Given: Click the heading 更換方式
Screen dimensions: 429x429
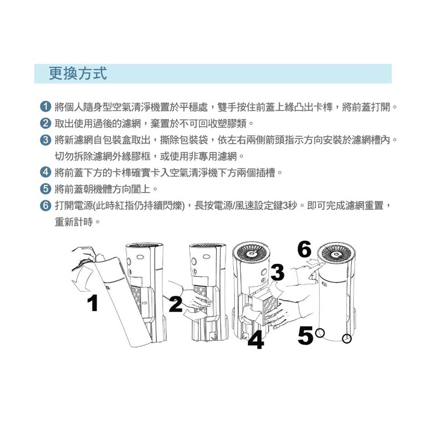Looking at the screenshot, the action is pyautogui.click(x=78, y=73).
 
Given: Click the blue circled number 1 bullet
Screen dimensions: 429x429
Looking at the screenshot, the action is pyautogui.click(x=46, y=107).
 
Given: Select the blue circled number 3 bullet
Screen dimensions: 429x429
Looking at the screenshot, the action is pyautogui.click(x=46, y=140).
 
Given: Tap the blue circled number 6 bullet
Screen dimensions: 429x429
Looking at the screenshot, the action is pyautogui.click(x=46, y=205).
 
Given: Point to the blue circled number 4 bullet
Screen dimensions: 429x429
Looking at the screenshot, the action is pyautogui.click(x=46, y=172).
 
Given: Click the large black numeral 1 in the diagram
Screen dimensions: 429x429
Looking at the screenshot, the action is pyautogui.click(x=93, y=303).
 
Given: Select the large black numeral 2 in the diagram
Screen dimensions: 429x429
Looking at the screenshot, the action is pyautogui.click(x=175, y=304).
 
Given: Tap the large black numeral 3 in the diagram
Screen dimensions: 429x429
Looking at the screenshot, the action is pyautogui.click(x=277, y=272).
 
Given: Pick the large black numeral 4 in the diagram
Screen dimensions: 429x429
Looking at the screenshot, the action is pyautogui.click(x=256, y=339).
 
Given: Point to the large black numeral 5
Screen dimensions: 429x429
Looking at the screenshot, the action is pyautogui.click(x=305, y=336).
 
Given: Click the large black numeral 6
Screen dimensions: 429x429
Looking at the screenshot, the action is pyautogui.click(x=304, y=249).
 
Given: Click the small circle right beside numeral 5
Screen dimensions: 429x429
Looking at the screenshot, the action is pyautogui.click(x=320, y=333).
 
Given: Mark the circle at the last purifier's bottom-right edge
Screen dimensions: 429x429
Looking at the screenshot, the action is pyautogui.click(x=346, y=339).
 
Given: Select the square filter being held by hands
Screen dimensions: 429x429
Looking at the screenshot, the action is pyautogui.click(x=266, y=309).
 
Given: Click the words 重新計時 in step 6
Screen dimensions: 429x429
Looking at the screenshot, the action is pyautogui.click(x=74, y=221).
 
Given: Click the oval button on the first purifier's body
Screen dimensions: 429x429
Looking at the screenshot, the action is pyautogui.click(x=140, y=257).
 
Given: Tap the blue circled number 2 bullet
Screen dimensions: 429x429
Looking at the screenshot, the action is pyautogui.click(x=46, y=123).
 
